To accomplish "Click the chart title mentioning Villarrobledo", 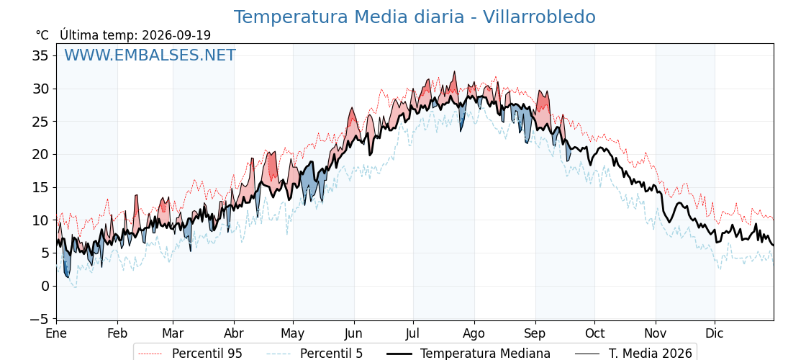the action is tap(415, 17).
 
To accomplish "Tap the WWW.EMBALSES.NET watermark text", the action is tap(150, 55).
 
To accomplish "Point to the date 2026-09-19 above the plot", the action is tap(176, 35).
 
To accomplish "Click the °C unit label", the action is tap(42, 35).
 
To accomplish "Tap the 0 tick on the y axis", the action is tap(45, 286).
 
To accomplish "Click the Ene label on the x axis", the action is tap(57, 334).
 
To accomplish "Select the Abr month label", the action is tap(234, 334).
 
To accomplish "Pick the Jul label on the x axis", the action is tap(413, 334).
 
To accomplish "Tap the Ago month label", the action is tap(474, 334).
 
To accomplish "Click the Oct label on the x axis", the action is tap(594, 334).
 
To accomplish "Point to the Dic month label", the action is tap(715, 334).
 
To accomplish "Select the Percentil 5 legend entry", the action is tap(315, 354).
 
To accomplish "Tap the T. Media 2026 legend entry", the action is tap(633, 354).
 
